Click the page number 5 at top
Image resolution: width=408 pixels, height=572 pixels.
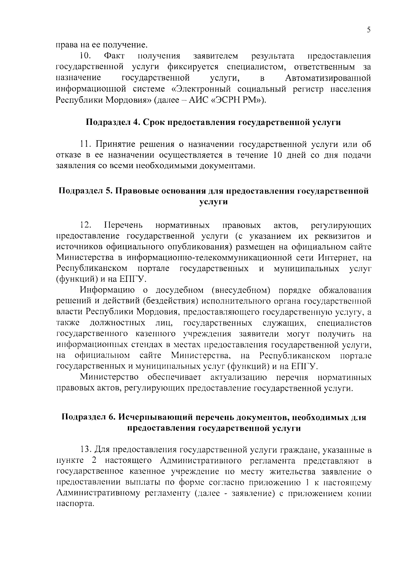pyautogui.click(x=369, y=30)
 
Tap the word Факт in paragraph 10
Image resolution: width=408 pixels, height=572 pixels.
pyautogui.click(x=114, y=55)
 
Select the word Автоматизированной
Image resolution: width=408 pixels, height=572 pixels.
pyautogui.click(x=328, y=78)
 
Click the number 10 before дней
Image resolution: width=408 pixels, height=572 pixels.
pyautogui.click(x=278, y=156)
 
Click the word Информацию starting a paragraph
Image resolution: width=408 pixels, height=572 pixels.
pyautogui.click(x=107, y=290)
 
